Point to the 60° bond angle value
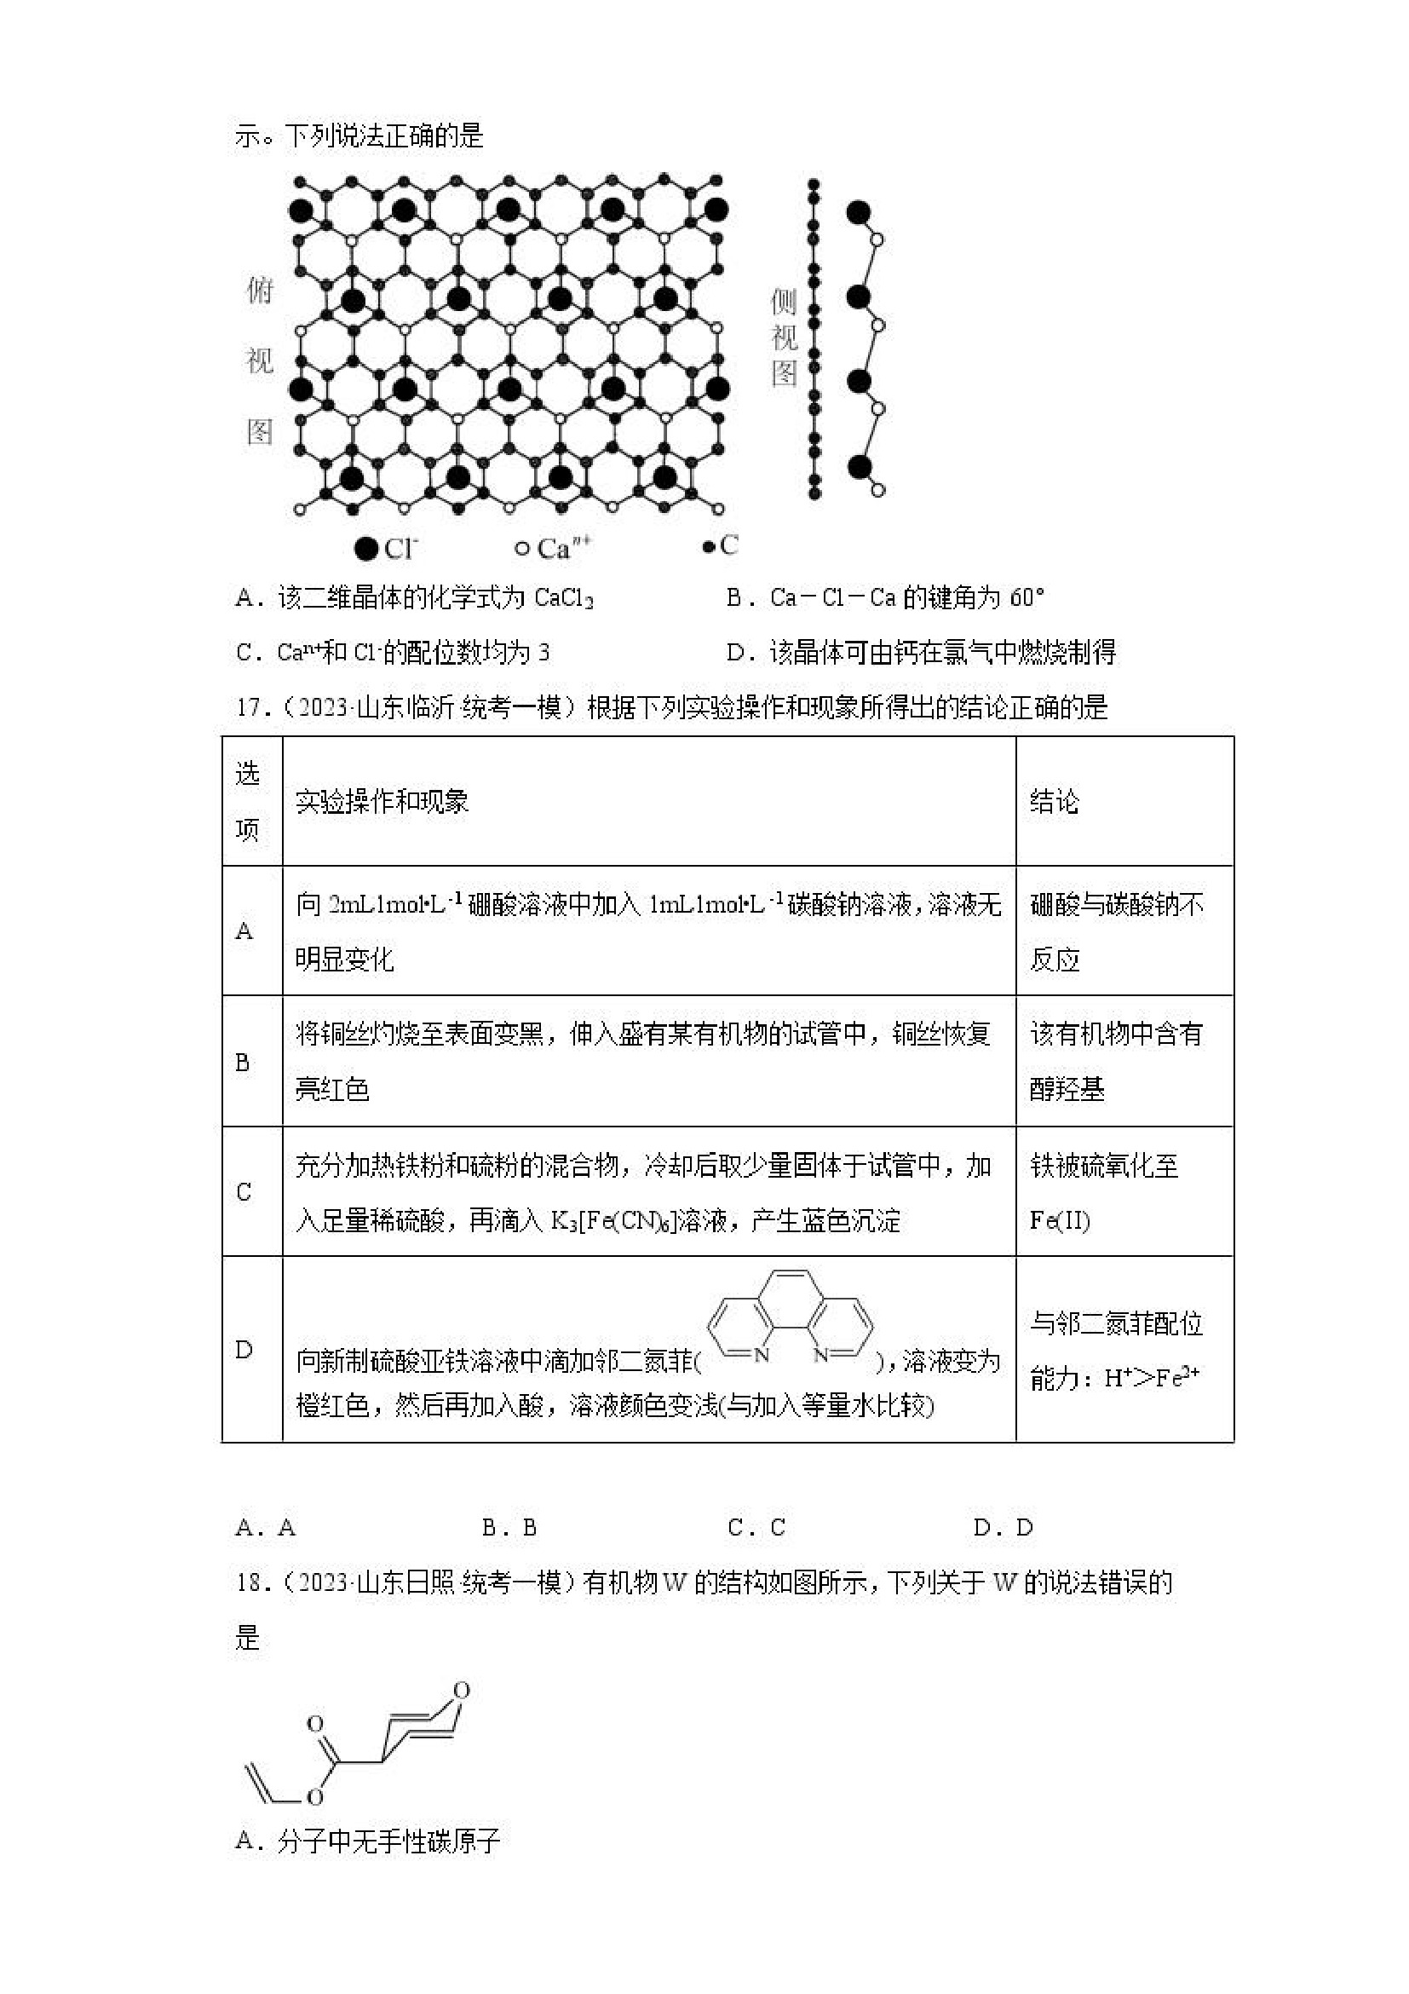(1027, 597)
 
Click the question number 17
(249, 708)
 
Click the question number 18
(249, 1582)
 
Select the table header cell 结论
(1054, 801)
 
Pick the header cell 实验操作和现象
(382, 801)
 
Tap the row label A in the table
(244, 931)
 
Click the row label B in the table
(243, 1062)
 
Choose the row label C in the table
(244, 1192)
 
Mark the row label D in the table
(244, 1350)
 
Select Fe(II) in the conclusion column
(1060, 1220)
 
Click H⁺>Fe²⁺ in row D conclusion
(1151, 1377)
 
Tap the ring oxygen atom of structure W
(462, 1690)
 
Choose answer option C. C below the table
(756, 1528)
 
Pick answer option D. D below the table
(1003, 1528)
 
